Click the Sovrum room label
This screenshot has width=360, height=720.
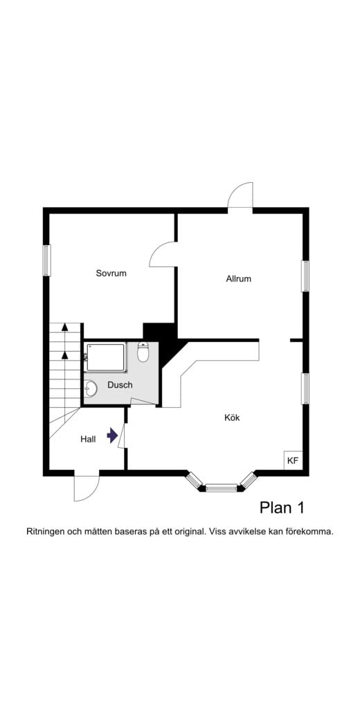[111, 273]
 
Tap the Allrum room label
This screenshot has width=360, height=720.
[238, 279]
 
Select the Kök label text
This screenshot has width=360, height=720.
[232, 417]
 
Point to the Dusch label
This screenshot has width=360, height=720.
[120, 385]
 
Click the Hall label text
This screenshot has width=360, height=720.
[88, 439]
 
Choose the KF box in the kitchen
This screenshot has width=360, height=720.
[293, 460]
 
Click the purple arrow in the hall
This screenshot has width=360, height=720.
[112, 435]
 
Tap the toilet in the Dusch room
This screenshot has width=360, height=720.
[143, 353]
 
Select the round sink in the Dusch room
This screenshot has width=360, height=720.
[91, 388]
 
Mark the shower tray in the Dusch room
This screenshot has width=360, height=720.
[106, 357]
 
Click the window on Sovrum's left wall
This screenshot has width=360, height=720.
[46, 261]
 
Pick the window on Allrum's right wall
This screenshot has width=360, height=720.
[305, 276]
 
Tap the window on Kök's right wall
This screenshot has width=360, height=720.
[305, 388]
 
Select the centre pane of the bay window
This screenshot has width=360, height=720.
[222, 488]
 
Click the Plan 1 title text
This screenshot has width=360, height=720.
[282, 507]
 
